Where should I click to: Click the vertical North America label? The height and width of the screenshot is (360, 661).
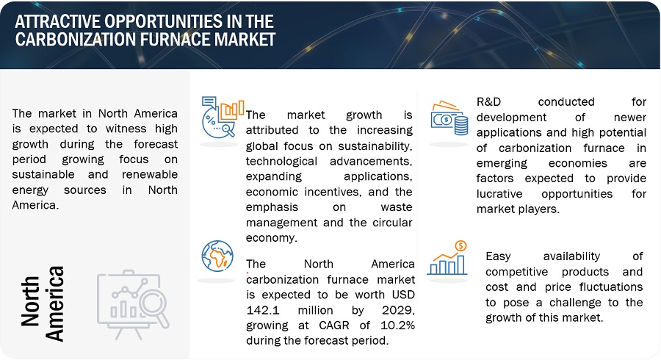42,303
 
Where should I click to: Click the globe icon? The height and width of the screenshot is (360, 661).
217,256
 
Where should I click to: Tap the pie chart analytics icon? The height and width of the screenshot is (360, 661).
223,118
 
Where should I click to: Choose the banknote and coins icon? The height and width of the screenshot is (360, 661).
449,118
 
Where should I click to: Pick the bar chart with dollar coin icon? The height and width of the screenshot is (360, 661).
448,258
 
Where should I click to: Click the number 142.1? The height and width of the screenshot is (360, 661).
263,310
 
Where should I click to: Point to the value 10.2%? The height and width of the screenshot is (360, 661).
397,325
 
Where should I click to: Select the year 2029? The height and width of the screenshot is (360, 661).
398,310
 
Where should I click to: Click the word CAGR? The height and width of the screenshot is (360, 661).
334,325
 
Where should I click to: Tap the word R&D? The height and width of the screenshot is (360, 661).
488,102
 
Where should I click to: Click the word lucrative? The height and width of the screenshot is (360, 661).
499,194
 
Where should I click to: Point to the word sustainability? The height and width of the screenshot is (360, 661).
375,146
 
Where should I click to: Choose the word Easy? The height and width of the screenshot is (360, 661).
498,256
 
